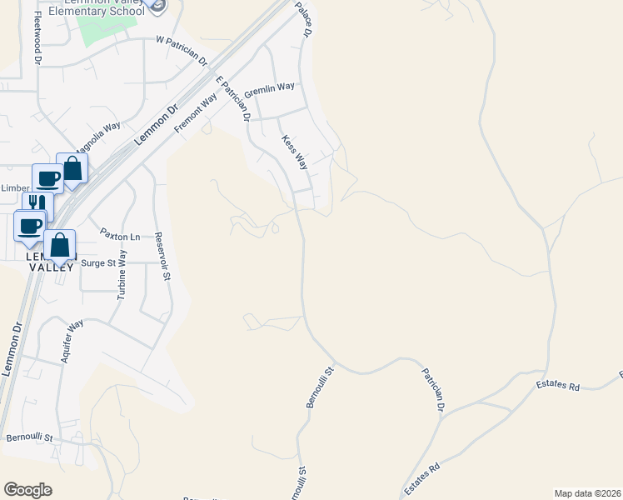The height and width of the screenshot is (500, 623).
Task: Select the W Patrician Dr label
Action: click(x=182, y=47)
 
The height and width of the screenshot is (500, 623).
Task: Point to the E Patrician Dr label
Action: click(x=234, y=99)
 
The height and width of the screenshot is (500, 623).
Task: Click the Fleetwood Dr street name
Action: click(x=37, y=42)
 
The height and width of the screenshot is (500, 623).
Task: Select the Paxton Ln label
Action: click(x=117, y=237)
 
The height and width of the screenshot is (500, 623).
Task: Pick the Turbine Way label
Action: click(x=122, y=274)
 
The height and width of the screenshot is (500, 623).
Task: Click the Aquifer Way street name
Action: click(x=72, y=341)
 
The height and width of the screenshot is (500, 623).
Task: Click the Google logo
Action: click(x=27, y=490)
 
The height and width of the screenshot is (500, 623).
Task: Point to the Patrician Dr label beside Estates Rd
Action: click(x=432, y=390)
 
